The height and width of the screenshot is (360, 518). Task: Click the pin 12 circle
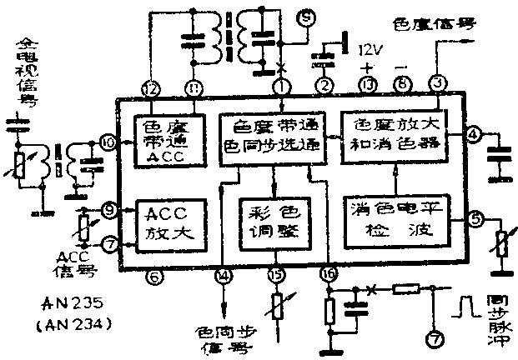point(150,87)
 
